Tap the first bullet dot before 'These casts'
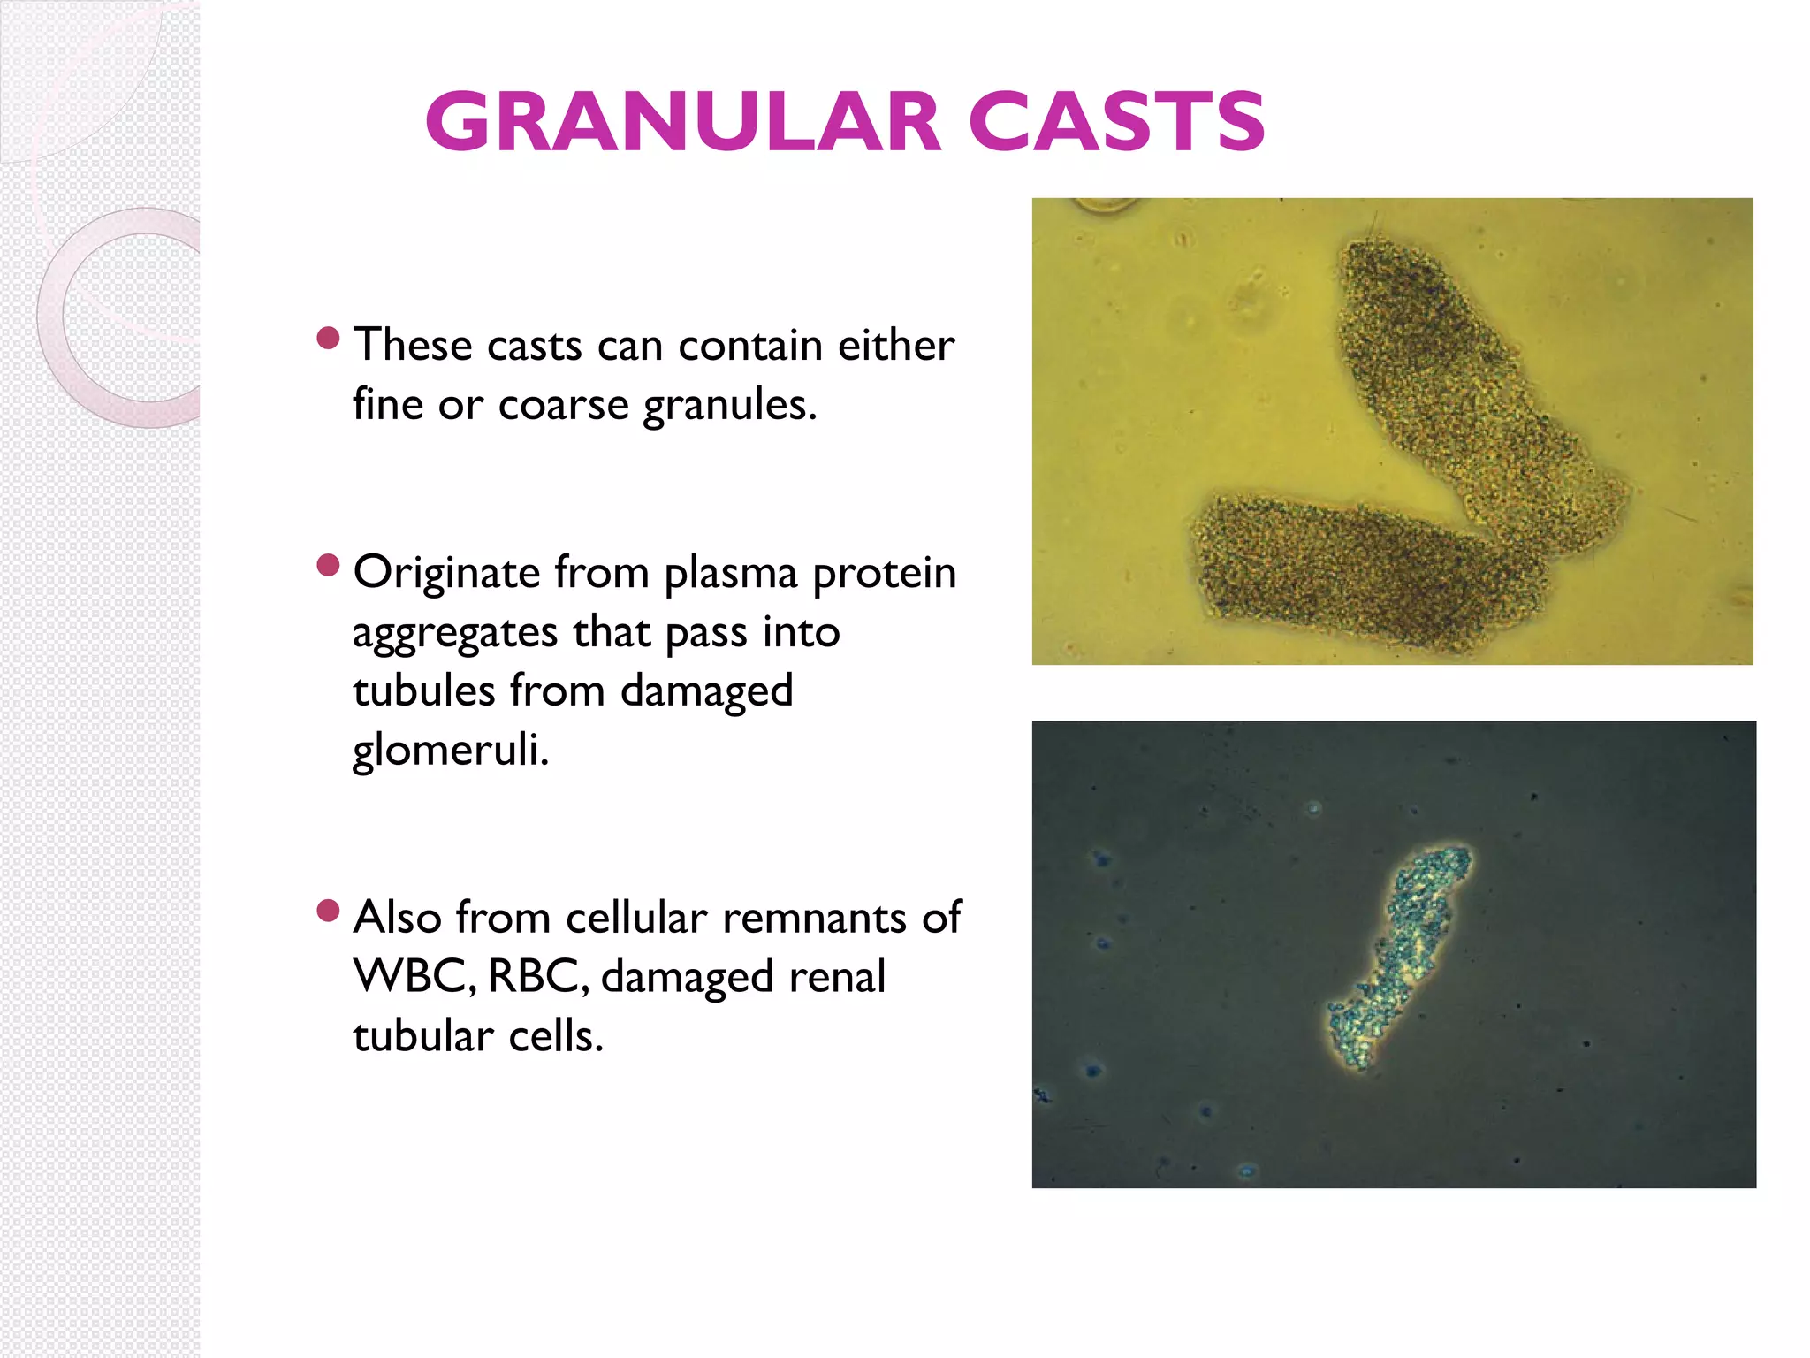click(x=328, y=339)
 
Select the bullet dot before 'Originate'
click(x=328, y=566)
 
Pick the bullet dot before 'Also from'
click(x=328, y=911)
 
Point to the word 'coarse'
click(x=563, y=405)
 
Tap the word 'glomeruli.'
click(x=451, y=751)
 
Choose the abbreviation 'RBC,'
click(x=537, y=977)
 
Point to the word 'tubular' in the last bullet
click(x=422, y=1035)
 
